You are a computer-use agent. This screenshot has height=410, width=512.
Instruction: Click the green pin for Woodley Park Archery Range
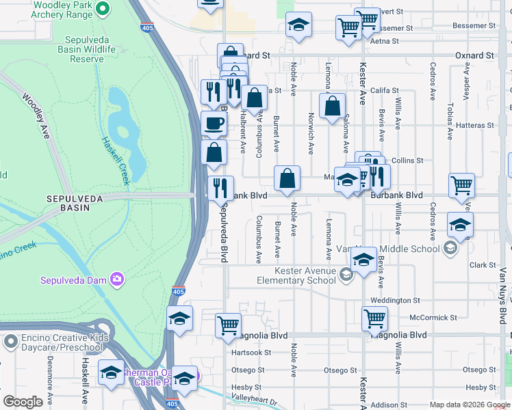pos(103,9)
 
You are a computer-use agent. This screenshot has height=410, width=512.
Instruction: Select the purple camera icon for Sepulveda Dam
pos(117,279)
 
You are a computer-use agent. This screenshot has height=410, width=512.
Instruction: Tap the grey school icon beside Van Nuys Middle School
pos(450,249)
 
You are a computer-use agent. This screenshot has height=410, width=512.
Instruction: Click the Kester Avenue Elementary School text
pos(296,275)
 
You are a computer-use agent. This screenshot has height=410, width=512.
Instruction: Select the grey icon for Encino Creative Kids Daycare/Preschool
pos(10,340)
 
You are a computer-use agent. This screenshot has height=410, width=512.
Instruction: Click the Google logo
pos(23,402)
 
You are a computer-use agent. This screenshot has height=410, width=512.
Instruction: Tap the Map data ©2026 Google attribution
pos(469,405)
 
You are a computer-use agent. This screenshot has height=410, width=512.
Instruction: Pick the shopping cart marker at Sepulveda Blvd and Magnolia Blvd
pos(228,325)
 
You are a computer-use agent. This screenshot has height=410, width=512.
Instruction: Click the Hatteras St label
pos(475,125)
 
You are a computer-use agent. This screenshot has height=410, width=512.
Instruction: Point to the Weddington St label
pos(395,300)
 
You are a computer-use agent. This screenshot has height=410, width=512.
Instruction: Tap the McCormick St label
pos(433,318)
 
